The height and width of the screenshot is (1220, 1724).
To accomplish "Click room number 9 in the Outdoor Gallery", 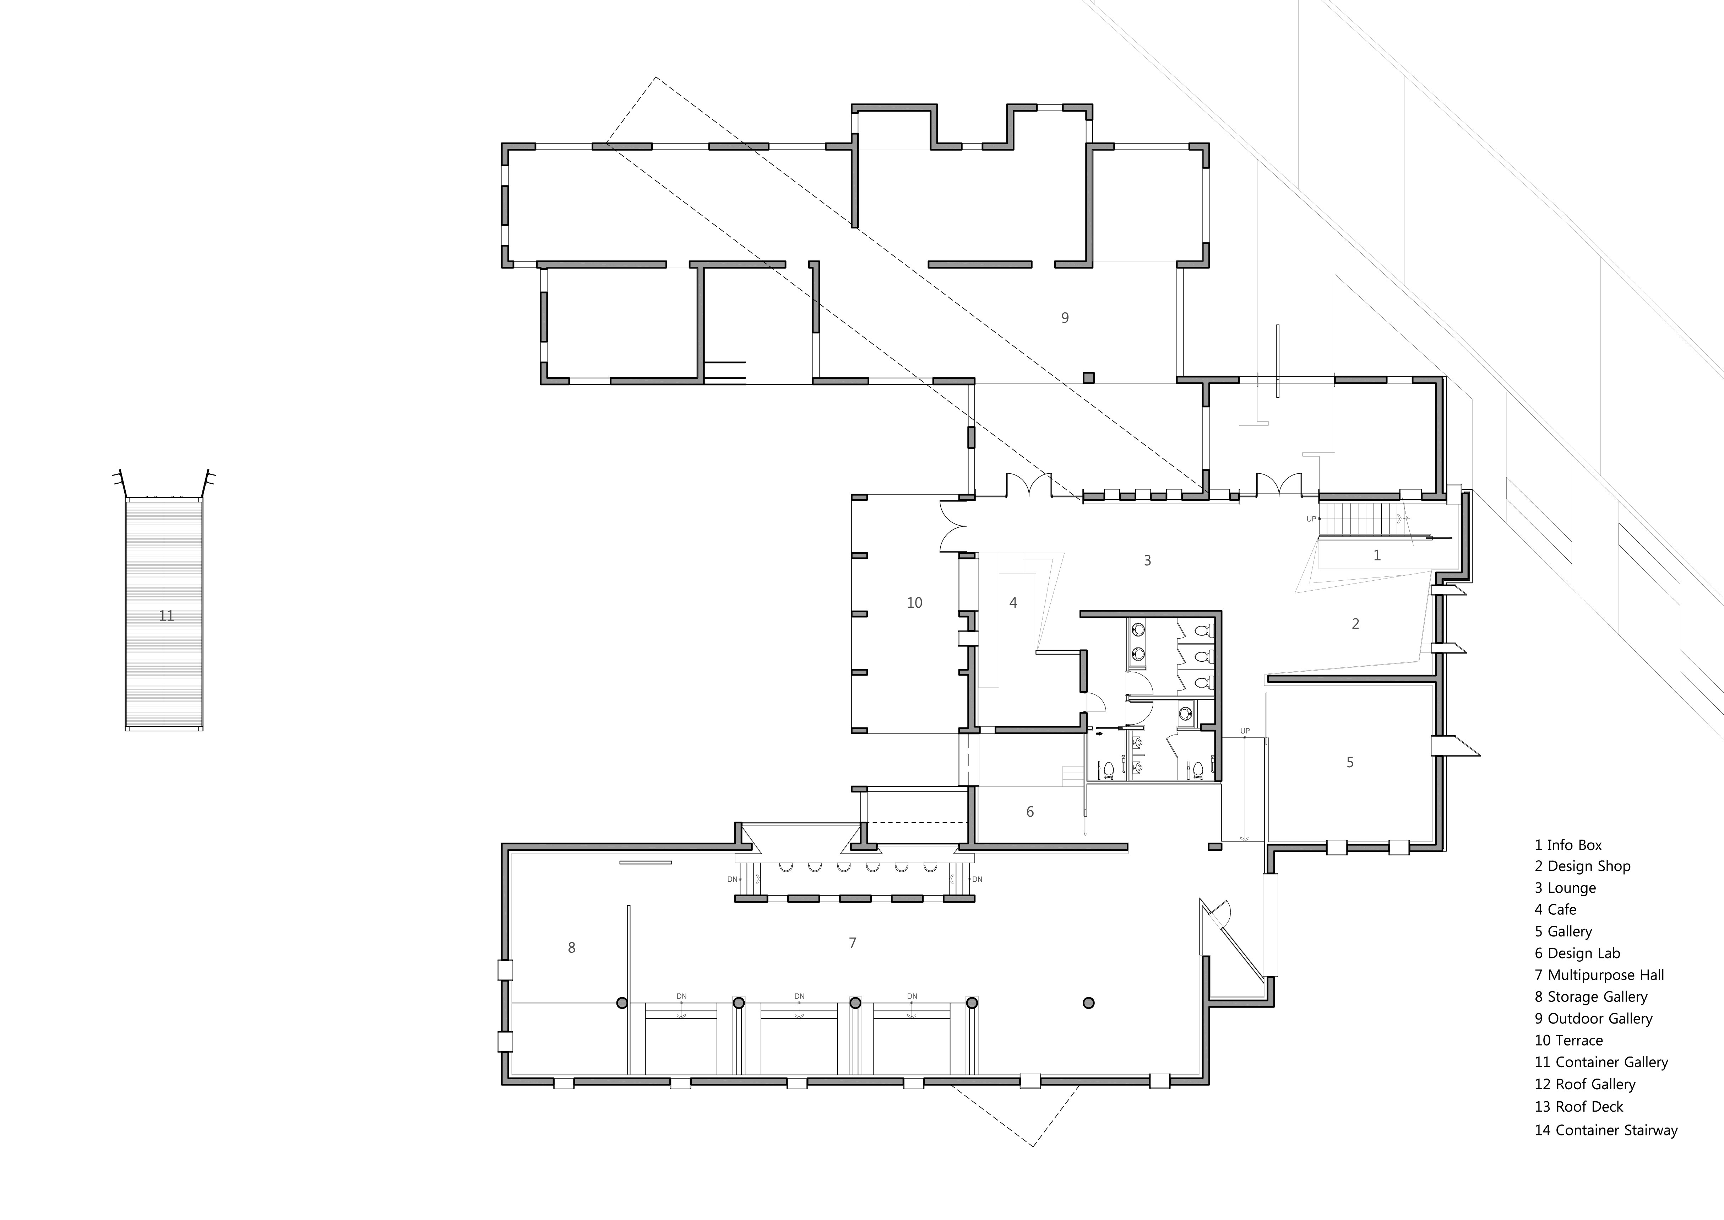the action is coord(1065,318).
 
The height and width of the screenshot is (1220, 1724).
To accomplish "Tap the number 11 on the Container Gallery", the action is coord(166,616).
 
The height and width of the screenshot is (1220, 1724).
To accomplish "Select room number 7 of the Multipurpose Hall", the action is coord(852,943).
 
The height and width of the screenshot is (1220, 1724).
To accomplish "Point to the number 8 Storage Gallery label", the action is coord(571,948).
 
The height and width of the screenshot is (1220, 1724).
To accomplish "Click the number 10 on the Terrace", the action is coord(915,602).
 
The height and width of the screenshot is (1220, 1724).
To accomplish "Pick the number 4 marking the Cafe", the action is coord(1013,602).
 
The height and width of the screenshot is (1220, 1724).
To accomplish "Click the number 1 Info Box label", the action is coord(1376,555).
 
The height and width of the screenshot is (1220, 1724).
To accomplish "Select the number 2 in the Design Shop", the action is coord(1355,624).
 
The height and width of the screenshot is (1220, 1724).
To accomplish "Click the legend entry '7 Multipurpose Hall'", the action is coord(1599,975).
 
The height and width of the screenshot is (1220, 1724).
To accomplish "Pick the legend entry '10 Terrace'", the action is coord(1568,1041).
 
